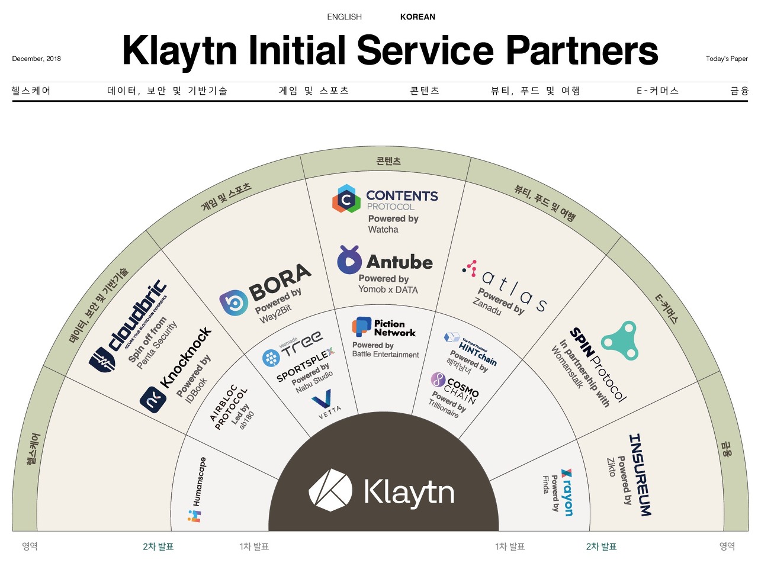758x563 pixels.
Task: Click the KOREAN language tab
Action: [x=417, y=17]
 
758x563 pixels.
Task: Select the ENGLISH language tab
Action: [x=344, y=17]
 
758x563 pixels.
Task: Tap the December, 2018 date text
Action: [x=36, y=59]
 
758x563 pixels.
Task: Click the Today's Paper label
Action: [x=727, y=59]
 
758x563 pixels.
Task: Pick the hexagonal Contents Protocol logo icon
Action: [x=346, y=199]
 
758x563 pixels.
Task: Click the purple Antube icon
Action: [x=349, y=260]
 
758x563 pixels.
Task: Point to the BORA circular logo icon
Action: [x=233, y=303]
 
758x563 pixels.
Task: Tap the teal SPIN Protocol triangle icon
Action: [x=619, y=340]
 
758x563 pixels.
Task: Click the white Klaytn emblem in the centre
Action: [x=330, y=490]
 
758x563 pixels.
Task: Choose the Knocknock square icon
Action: [x=153, y=398]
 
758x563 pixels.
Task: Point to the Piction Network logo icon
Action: [x=361, y=327]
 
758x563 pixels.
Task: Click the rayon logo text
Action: [x=567, y=492]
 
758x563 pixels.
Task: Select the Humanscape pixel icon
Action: [x=194, y=515]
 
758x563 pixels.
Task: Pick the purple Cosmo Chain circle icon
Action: [x=438, y=379]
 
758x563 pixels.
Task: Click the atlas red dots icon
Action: [x=470, y=268]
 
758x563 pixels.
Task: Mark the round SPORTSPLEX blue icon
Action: [x=271, y=358]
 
